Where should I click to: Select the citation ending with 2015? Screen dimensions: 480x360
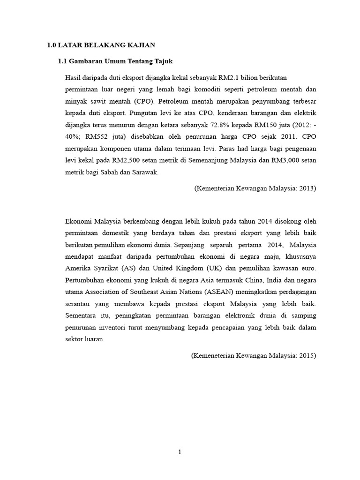254,356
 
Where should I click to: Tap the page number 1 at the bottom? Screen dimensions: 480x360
180,452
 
